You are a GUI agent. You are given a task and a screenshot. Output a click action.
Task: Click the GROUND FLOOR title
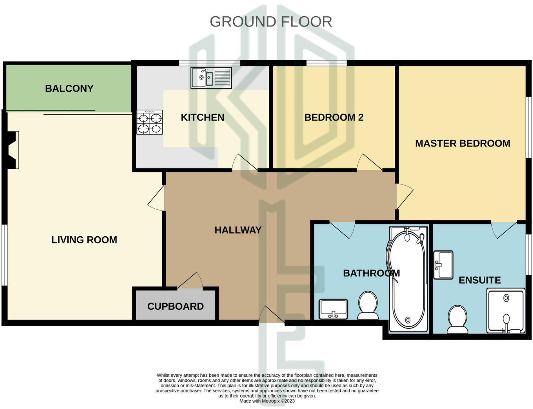[x=271, y=22]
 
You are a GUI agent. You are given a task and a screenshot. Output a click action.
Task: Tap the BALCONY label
[x=69, y=88]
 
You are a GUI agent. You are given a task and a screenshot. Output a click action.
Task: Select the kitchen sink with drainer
[x=211, y=78]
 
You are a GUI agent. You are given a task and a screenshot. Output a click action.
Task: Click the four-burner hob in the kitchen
[x=150, y=122]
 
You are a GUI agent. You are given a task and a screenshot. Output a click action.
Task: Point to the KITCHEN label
[x=203, y=117]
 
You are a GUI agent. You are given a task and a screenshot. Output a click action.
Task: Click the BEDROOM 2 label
[x=334, y=117]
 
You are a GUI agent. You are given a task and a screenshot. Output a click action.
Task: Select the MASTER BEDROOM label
[x=462, y=143]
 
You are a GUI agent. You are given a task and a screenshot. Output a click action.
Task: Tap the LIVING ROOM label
[x=84, y=240]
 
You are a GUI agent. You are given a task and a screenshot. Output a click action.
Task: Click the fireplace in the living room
[x=13, y=150]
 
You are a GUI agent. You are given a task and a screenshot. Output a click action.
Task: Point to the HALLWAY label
[x=238, y=230]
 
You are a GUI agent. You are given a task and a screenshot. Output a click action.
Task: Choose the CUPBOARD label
[x=175, y=306]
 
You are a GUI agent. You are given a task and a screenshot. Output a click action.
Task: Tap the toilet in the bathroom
[x=368, y=305]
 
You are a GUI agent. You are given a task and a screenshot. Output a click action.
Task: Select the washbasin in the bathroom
[x=334, y=309]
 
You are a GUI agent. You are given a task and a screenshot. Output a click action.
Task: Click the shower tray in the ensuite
[x=506, y=311]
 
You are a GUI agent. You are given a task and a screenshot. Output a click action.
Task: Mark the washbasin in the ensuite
[x=443, y=264]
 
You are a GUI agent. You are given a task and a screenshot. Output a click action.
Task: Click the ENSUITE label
[x=479, y=280]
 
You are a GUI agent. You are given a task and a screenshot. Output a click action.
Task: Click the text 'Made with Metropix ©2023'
[x=267, y=401]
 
